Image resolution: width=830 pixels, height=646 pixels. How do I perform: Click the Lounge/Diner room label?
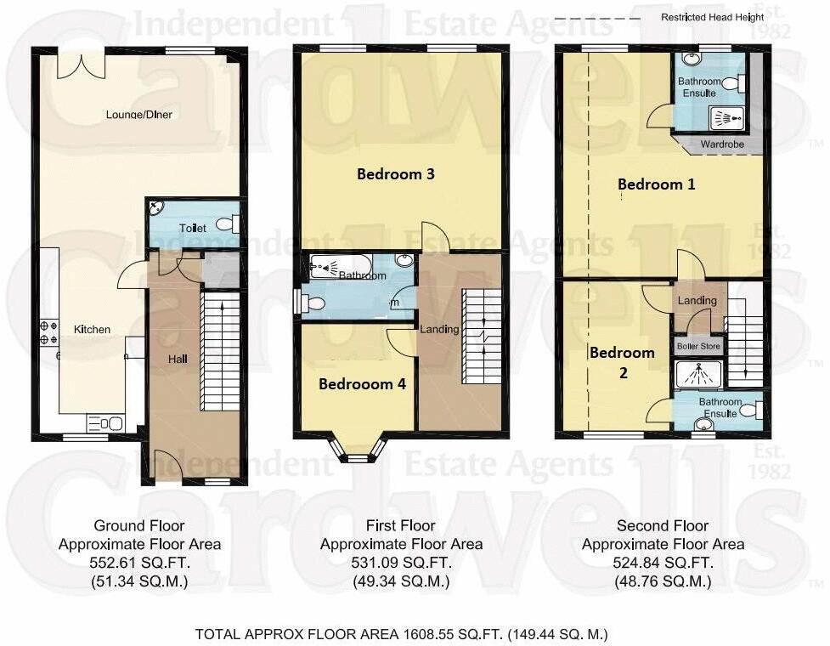point(139,114)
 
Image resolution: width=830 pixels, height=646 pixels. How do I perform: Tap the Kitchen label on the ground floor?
point(92,329)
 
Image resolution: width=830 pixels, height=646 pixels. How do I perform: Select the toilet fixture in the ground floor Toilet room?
point(228,224)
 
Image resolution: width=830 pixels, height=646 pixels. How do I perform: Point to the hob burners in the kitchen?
point(48,332)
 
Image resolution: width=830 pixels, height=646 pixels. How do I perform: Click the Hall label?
point(178,360)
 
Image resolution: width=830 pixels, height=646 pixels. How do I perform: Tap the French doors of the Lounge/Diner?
point(81,65)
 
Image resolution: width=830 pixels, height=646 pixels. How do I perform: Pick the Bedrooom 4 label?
point(362,384)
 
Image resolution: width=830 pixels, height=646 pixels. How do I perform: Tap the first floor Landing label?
point(439,329)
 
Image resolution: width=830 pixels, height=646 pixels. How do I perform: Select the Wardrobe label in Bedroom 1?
point(721,144)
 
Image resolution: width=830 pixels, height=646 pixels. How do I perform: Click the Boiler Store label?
point(697,348)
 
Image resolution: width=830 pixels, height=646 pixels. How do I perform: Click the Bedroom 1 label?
point(656,184)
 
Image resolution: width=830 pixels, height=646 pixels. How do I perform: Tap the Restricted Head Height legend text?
point(712,17)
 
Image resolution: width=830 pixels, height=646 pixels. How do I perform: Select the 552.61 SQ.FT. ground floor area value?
point(139,563)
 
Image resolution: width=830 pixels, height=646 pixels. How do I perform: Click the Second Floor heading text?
point(663,526)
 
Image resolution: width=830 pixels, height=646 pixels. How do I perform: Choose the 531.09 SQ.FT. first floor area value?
point(401,563)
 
